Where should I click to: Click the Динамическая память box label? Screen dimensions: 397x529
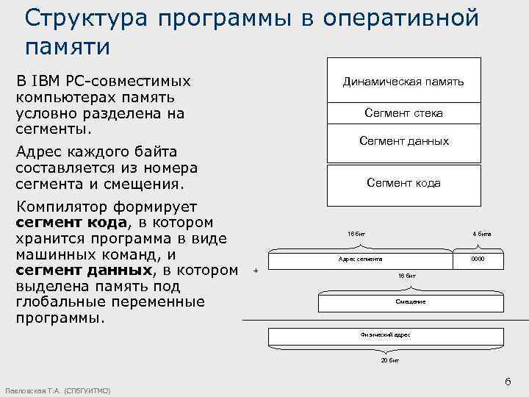point(403,82)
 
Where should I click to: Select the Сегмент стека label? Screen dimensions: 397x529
point(403,113)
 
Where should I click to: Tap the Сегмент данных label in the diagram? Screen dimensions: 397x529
point(403,141)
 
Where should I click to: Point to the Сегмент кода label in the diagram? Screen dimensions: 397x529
point(403,183)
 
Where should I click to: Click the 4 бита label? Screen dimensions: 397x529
point(482,234)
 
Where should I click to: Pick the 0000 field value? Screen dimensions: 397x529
point(478,260)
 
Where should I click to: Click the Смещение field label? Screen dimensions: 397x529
point(410,302)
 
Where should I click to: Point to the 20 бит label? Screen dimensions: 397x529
point(389,362)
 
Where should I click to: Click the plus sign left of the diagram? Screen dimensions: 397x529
point(255,271)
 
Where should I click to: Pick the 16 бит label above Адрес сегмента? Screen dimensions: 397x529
point(356,234)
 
